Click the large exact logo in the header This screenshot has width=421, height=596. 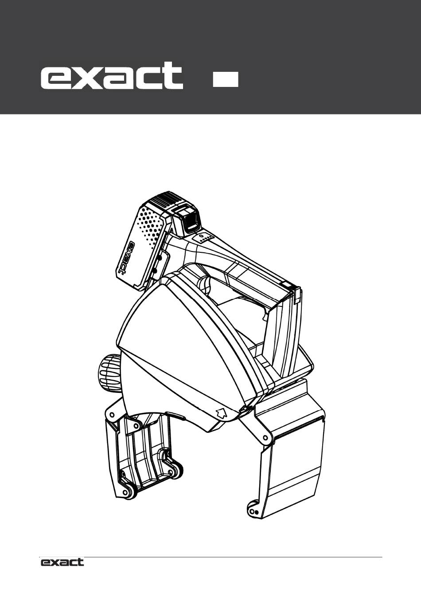pos(112,75)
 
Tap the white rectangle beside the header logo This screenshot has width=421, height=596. pos(226,79)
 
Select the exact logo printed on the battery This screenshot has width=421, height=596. pos(127,258)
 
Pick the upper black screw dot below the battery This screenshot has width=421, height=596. pos(159,258)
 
